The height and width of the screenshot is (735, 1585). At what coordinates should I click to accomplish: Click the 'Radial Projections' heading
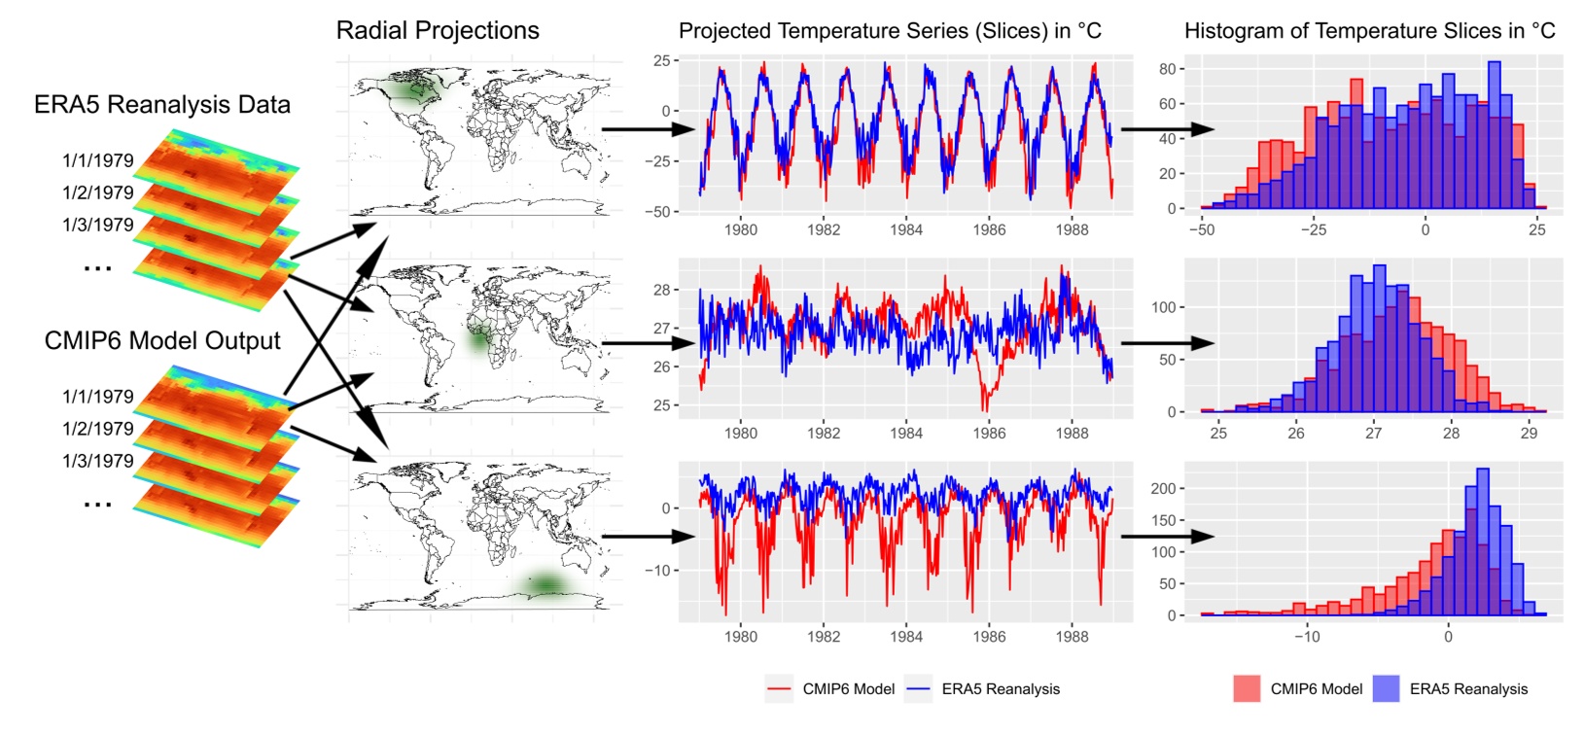(x=438, y=31)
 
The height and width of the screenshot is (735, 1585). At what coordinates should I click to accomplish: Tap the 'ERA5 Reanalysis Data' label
(x=162, y=105)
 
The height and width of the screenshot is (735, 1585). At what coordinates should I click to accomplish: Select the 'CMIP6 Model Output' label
(x=162, y=341)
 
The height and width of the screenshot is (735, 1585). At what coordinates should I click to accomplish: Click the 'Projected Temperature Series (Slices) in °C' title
(x=890, y=31)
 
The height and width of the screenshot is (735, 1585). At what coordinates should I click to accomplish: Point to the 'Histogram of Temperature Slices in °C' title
(x=1369, y=31)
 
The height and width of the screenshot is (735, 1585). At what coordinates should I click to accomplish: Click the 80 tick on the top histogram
(x=1167, y=69)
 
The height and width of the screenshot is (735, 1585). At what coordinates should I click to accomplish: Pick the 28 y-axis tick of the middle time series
(x=662, y=290)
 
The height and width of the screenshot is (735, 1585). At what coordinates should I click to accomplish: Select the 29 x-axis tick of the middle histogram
(x=1529, y=433)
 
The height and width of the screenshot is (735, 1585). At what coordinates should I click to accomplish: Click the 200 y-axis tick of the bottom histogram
(x=1163, y=489)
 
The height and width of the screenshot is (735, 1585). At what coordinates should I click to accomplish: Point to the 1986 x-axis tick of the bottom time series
(x=989, y=637)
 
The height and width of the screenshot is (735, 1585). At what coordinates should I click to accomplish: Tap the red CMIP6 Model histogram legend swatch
(x=1248, y=689)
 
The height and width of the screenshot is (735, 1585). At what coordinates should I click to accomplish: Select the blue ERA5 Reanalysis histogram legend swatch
(x=1387, y=689)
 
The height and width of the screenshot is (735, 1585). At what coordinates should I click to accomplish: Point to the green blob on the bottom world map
(x=546, y=583)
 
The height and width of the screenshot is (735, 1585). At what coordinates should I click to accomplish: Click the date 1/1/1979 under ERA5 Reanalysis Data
(x=98, y=160)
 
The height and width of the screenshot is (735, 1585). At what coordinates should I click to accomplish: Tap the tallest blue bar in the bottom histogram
(x=1482, y=541)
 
